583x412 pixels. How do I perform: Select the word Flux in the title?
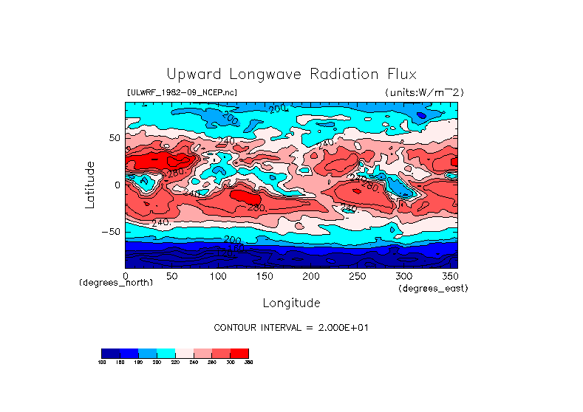coord(399,75)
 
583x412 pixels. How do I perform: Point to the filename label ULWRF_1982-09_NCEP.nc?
coord(183,92)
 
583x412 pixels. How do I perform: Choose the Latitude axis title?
coord(89,185)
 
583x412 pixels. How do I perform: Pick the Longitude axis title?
coord(291,303)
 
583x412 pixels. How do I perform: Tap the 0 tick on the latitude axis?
coord(116,185)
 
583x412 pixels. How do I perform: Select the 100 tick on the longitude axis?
coord(217,276)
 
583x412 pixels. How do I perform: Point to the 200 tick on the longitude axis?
coord(310,276)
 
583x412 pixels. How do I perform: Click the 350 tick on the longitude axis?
coord(449,276)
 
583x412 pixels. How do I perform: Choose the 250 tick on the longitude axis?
coord(357,276)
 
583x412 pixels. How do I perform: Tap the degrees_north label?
coord(116,283)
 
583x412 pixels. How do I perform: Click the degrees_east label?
coord(433,288)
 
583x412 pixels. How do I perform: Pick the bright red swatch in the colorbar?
coord(240,353)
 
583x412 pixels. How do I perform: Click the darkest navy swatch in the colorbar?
coord(110,353)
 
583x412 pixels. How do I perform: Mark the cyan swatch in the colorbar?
coord(166,353)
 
